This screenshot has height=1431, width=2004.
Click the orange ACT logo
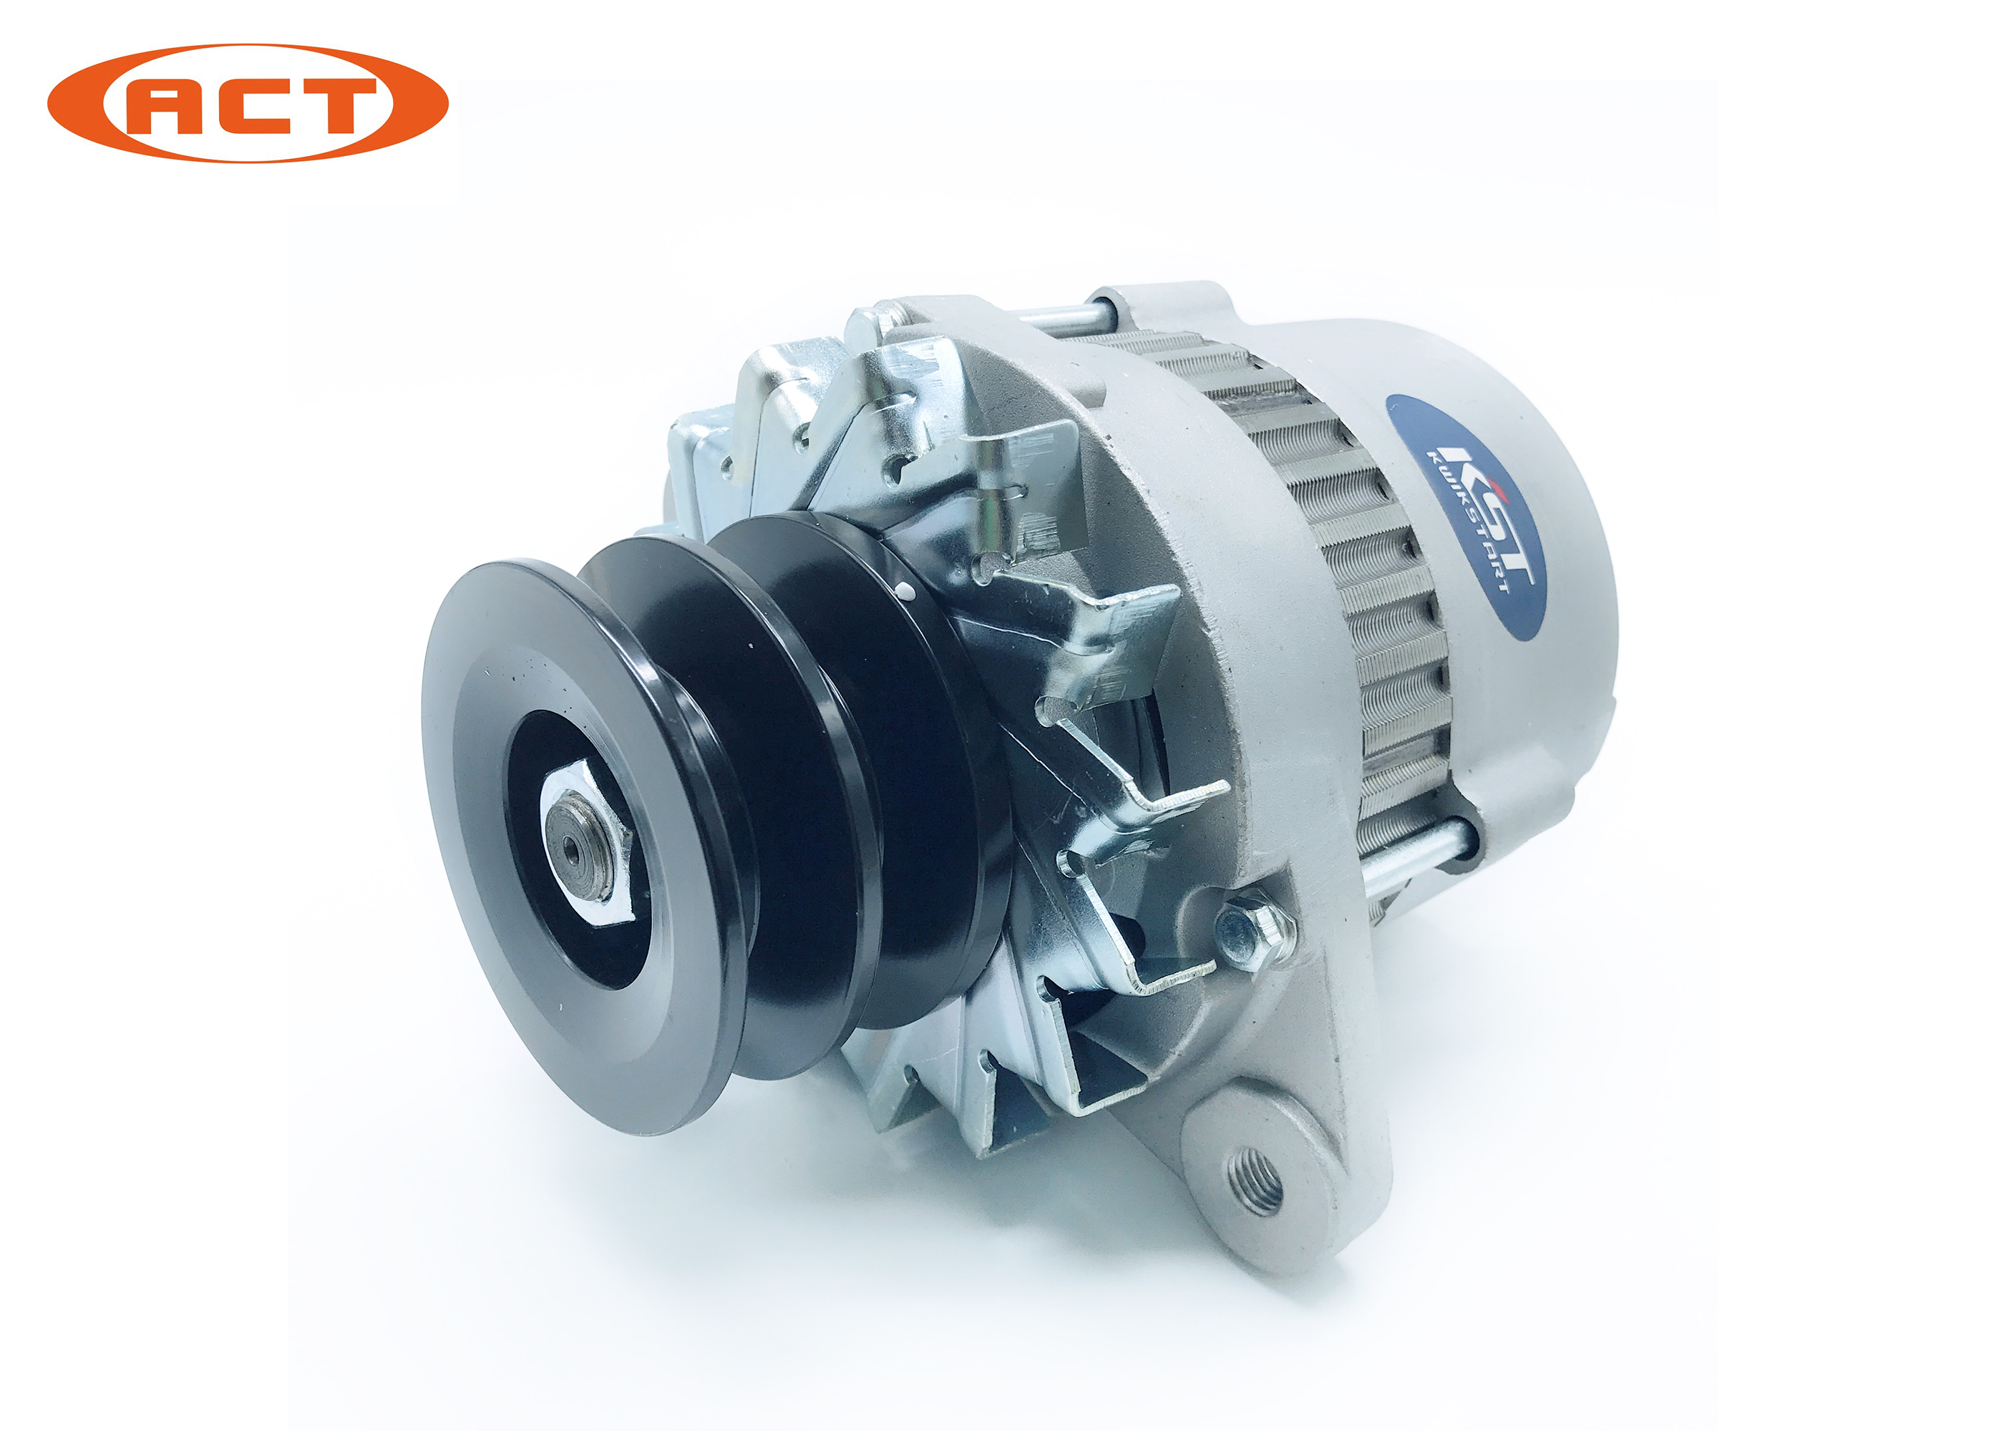click(248, 103)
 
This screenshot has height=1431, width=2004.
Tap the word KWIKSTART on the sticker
click(1467, 520)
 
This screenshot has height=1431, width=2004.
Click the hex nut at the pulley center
click(586, 844)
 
